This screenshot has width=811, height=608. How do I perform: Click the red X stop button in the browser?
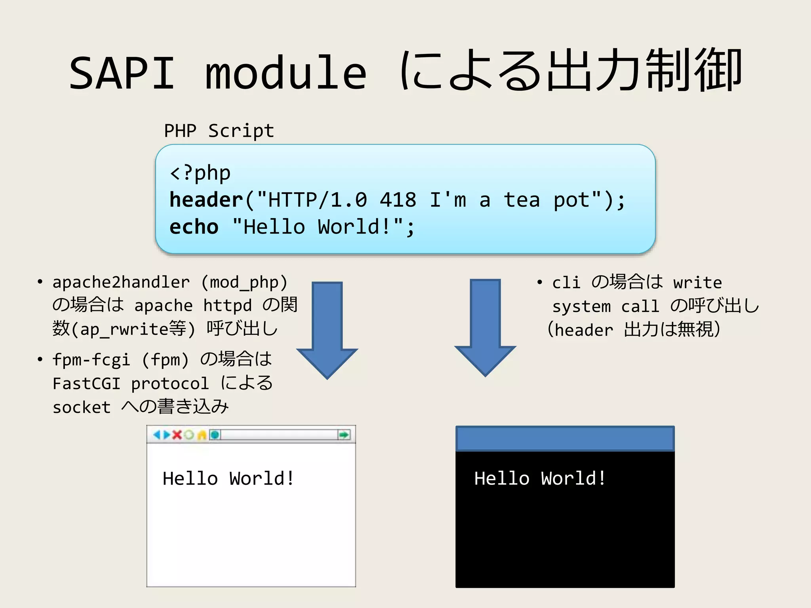tap(177, 435)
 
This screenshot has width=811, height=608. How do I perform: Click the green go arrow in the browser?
tap(344, 435)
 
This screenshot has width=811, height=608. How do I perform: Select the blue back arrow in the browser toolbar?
tap(157, 435)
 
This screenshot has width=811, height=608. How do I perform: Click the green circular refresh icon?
tap(189, 435)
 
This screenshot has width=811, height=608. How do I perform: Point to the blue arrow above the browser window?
tap(327, 329)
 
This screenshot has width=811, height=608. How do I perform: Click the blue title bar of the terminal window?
tap(565, 439)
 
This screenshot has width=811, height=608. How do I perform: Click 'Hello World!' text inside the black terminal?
tap(540, 479)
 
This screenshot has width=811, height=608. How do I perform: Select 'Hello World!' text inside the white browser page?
tap(228, 479)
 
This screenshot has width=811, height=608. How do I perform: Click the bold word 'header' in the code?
tap(206, 200)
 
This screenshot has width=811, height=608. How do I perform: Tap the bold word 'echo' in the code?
tap(194, 227)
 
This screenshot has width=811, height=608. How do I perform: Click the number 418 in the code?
tap(398, 200)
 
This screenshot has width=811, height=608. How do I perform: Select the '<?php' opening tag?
tap(200, 173)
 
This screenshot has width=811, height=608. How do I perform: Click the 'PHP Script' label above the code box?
tap(219, 131)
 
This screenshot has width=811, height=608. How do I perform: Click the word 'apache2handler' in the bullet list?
tap(121, 282)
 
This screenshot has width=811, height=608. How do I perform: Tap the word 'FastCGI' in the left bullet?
tap(86, 384)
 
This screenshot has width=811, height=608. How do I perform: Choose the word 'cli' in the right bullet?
tap(566, 283)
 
